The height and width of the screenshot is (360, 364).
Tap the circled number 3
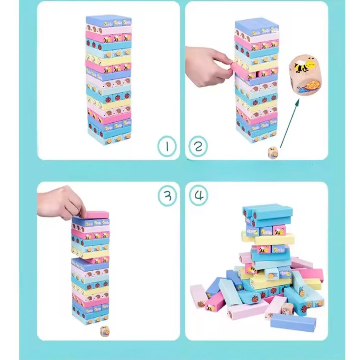[167, 196]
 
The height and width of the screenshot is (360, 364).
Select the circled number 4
[198, 196]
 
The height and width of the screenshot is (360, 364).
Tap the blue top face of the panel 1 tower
[109, 20]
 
